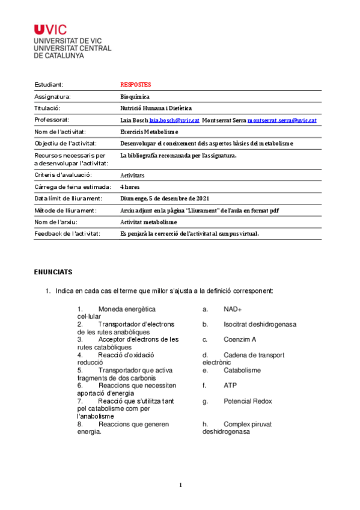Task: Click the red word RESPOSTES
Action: click(136, 85)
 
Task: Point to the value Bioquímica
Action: click(135, 96)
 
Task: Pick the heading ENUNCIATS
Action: click(53, 272)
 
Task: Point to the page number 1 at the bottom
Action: click(180, 485)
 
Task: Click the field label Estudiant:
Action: click(49, 85)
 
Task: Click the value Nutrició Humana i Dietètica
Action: click(156, 108)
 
